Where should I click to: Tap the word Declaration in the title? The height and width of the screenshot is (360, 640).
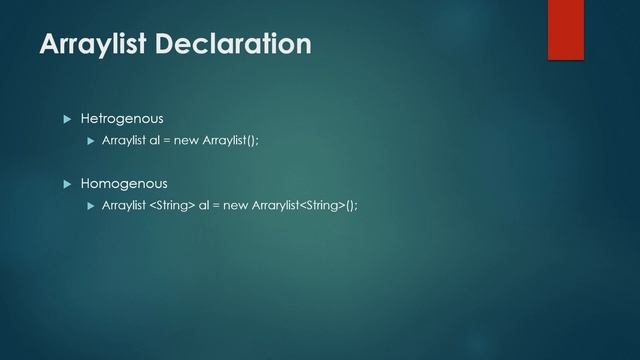[x=238, y=44]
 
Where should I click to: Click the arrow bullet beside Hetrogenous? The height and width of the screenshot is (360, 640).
[x=68, y=119]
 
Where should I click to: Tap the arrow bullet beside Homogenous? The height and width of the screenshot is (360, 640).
[x=68, y=184]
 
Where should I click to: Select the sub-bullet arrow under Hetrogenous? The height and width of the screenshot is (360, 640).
[x=91, y=140]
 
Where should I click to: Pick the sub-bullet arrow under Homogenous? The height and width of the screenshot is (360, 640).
[x=91, y=205]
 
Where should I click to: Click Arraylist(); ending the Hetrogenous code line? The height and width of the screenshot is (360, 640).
[x=230, y=140]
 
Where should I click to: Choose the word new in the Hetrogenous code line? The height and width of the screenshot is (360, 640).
[x=187, y=140]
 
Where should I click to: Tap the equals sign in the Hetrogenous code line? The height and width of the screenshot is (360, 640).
[x=167, y=140]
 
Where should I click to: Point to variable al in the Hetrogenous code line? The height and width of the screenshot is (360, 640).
[x=154, y=140]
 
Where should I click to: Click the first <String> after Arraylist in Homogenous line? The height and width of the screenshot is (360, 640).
[x=172, y=205]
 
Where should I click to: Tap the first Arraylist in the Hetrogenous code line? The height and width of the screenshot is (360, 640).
[x=124, y=140]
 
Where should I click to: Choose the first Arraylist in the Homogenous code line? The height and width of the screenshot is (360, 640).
[x=124, y=205]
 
